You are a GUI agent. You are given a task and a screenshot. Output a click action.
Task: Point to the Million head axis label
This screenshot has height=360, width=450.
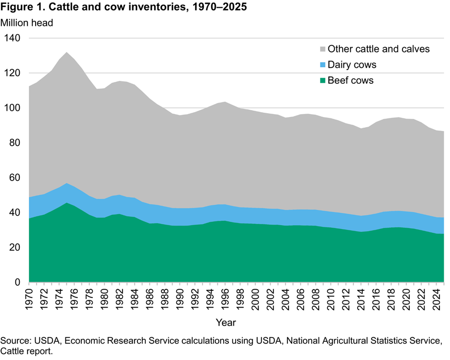[26, 22]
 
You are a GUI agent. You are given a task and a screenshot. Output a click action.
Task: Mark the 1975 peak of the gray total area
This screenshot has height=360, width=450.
[66, 52]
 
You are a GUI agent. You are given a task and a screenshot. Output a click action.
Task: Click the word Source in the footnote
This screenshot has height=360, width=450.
[14, 341]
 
